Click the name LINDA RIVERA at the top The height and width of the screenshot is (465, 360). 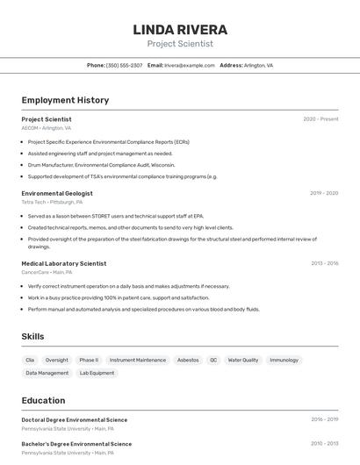[180, 30]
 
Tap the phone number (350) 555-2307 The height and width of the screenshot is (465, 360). [124, 65]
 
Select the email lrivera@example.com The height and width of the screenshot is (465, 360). [189, 65]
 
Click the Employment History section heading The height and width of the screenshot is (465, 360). [65, 100]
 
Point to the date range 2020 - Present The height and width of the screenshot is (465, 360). [320, 119]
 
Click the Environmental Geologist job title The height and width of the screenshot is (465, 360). [57, 193]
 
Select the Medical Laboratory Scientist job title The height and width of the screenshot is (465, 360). [64, 263]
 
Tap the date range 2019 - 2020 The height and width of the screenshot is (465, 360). [324, 193]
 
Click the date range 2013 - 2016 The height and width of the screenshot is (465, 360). [324, 263]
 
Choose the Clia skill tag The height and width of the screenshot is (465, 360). [30, 360]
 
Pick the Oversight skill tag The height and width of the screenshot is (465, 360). [57, 360]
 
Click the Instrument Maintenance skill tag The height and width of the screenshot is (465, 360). [138, 360]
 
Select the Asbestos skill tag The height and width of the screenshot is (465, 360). [188, 360]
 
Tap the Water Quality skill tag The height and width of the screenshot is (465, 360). [243, 360]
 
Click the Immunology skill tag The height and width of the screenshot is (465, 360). [284, 360]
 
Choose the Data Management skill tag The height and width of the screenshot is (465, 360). [47, 373]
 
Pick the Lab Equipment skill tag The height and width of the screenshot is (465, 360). [97, 373]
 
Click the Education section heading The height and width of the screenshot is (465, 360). [43, 400]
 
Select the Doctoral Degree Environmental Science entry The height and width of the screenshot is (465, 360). [75, 419]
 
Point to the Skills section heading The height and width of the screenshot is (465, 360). [32, 336]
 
